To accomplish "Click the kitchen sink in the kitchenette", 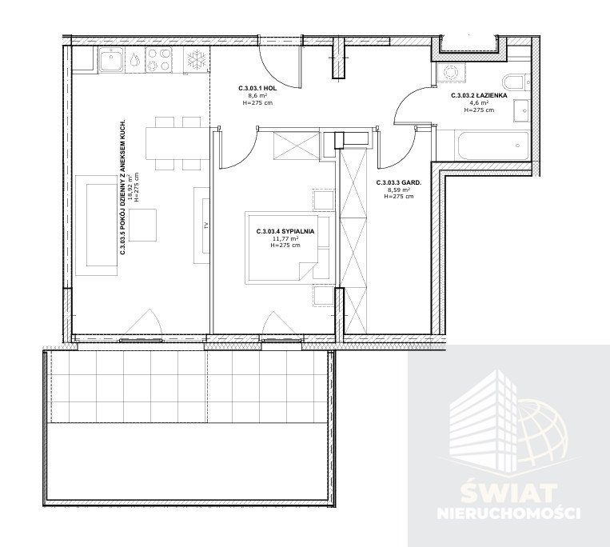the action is coord(112,59).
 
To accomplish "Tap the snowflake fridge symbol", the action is coord(196,59).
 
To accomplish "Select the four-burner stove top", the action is coord(159,59).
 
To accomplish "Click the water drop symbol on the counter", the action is coord(135,60).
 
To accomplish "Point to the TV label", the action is coord(207,226).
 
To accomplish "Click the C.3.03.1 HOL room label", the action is coord(257,88).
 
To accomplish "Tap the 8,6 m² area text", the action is coord(257,96).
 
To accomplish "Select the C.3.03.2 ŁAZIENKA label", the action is coord(479,95).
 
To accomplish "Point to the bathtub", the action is coord(492,146).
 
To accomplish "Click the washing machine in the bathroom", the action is coord(450,72).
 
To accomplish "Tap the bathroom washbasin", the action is coord(521,111).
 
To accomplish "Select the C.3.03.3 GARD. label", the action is coord(399,182).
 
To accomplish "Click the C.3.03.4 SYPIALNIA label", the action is coord(285,231).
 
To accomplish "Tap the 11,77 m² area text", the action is coord(285,238).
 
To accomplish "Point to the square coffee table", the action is coord(143,225).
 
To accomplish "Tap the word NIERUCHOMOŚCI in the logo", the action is coord(508,513).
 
